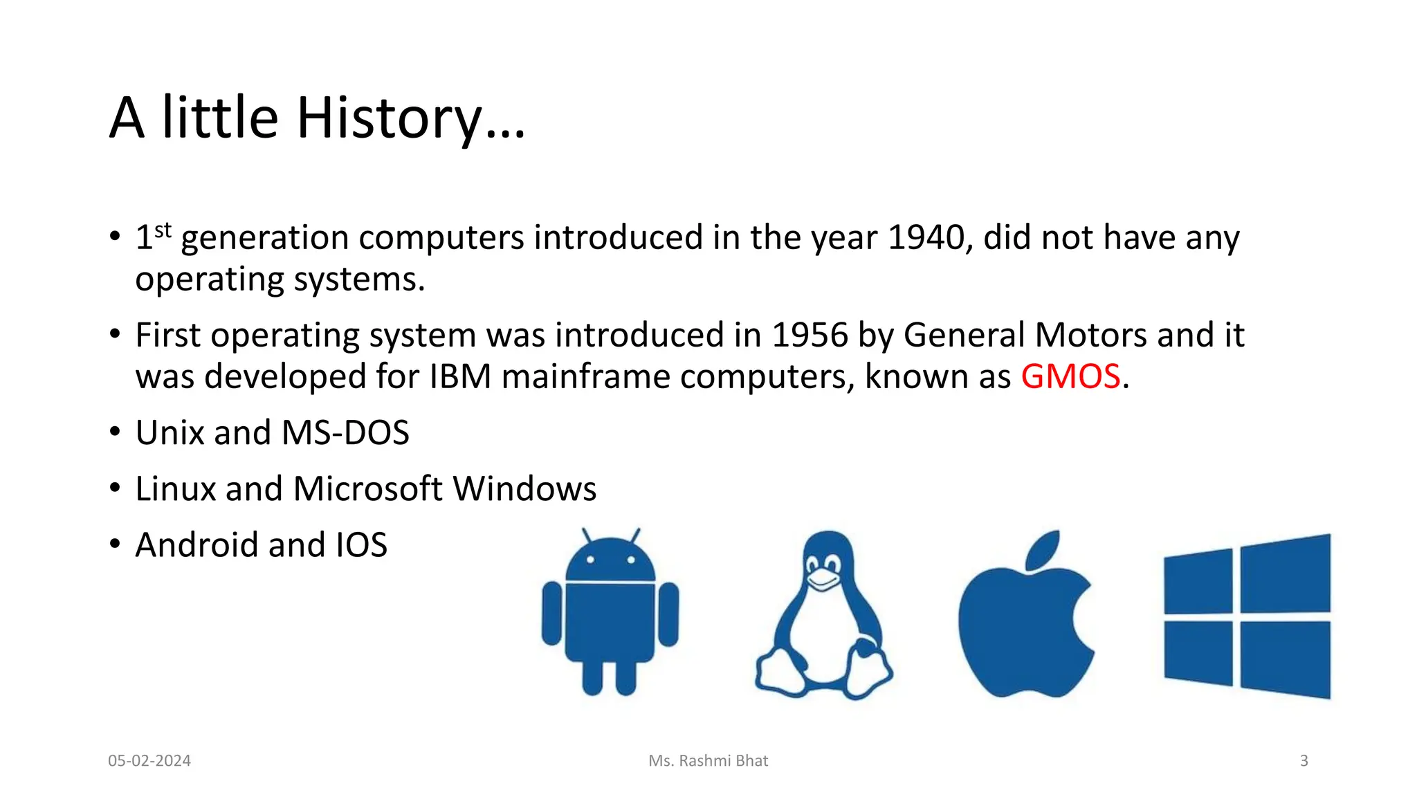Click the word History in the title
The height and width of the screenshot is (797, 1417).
point(390,118)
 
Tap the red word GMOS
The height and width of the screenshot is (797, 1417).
point(1070,377)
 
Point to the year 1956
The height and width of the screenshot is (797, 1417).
point(810,336)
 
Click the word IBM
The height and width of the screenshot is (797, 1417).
point(460,377)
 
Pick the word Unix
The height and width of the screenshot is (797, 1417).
point(169,433)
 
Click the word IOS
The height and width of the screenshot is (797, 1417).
point(361,545)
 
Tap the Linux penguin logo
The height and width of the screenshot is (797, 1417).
point(823,616)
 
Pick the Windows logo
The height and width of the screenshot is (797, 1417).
point(1247,616)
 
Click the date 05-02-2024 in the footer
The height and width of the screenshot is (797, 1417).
point(149,761)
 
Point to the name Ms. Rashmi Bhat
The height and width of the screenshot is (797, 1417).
point(708,761)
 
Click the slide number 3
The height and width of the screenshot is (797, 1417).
point(1304,761)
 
